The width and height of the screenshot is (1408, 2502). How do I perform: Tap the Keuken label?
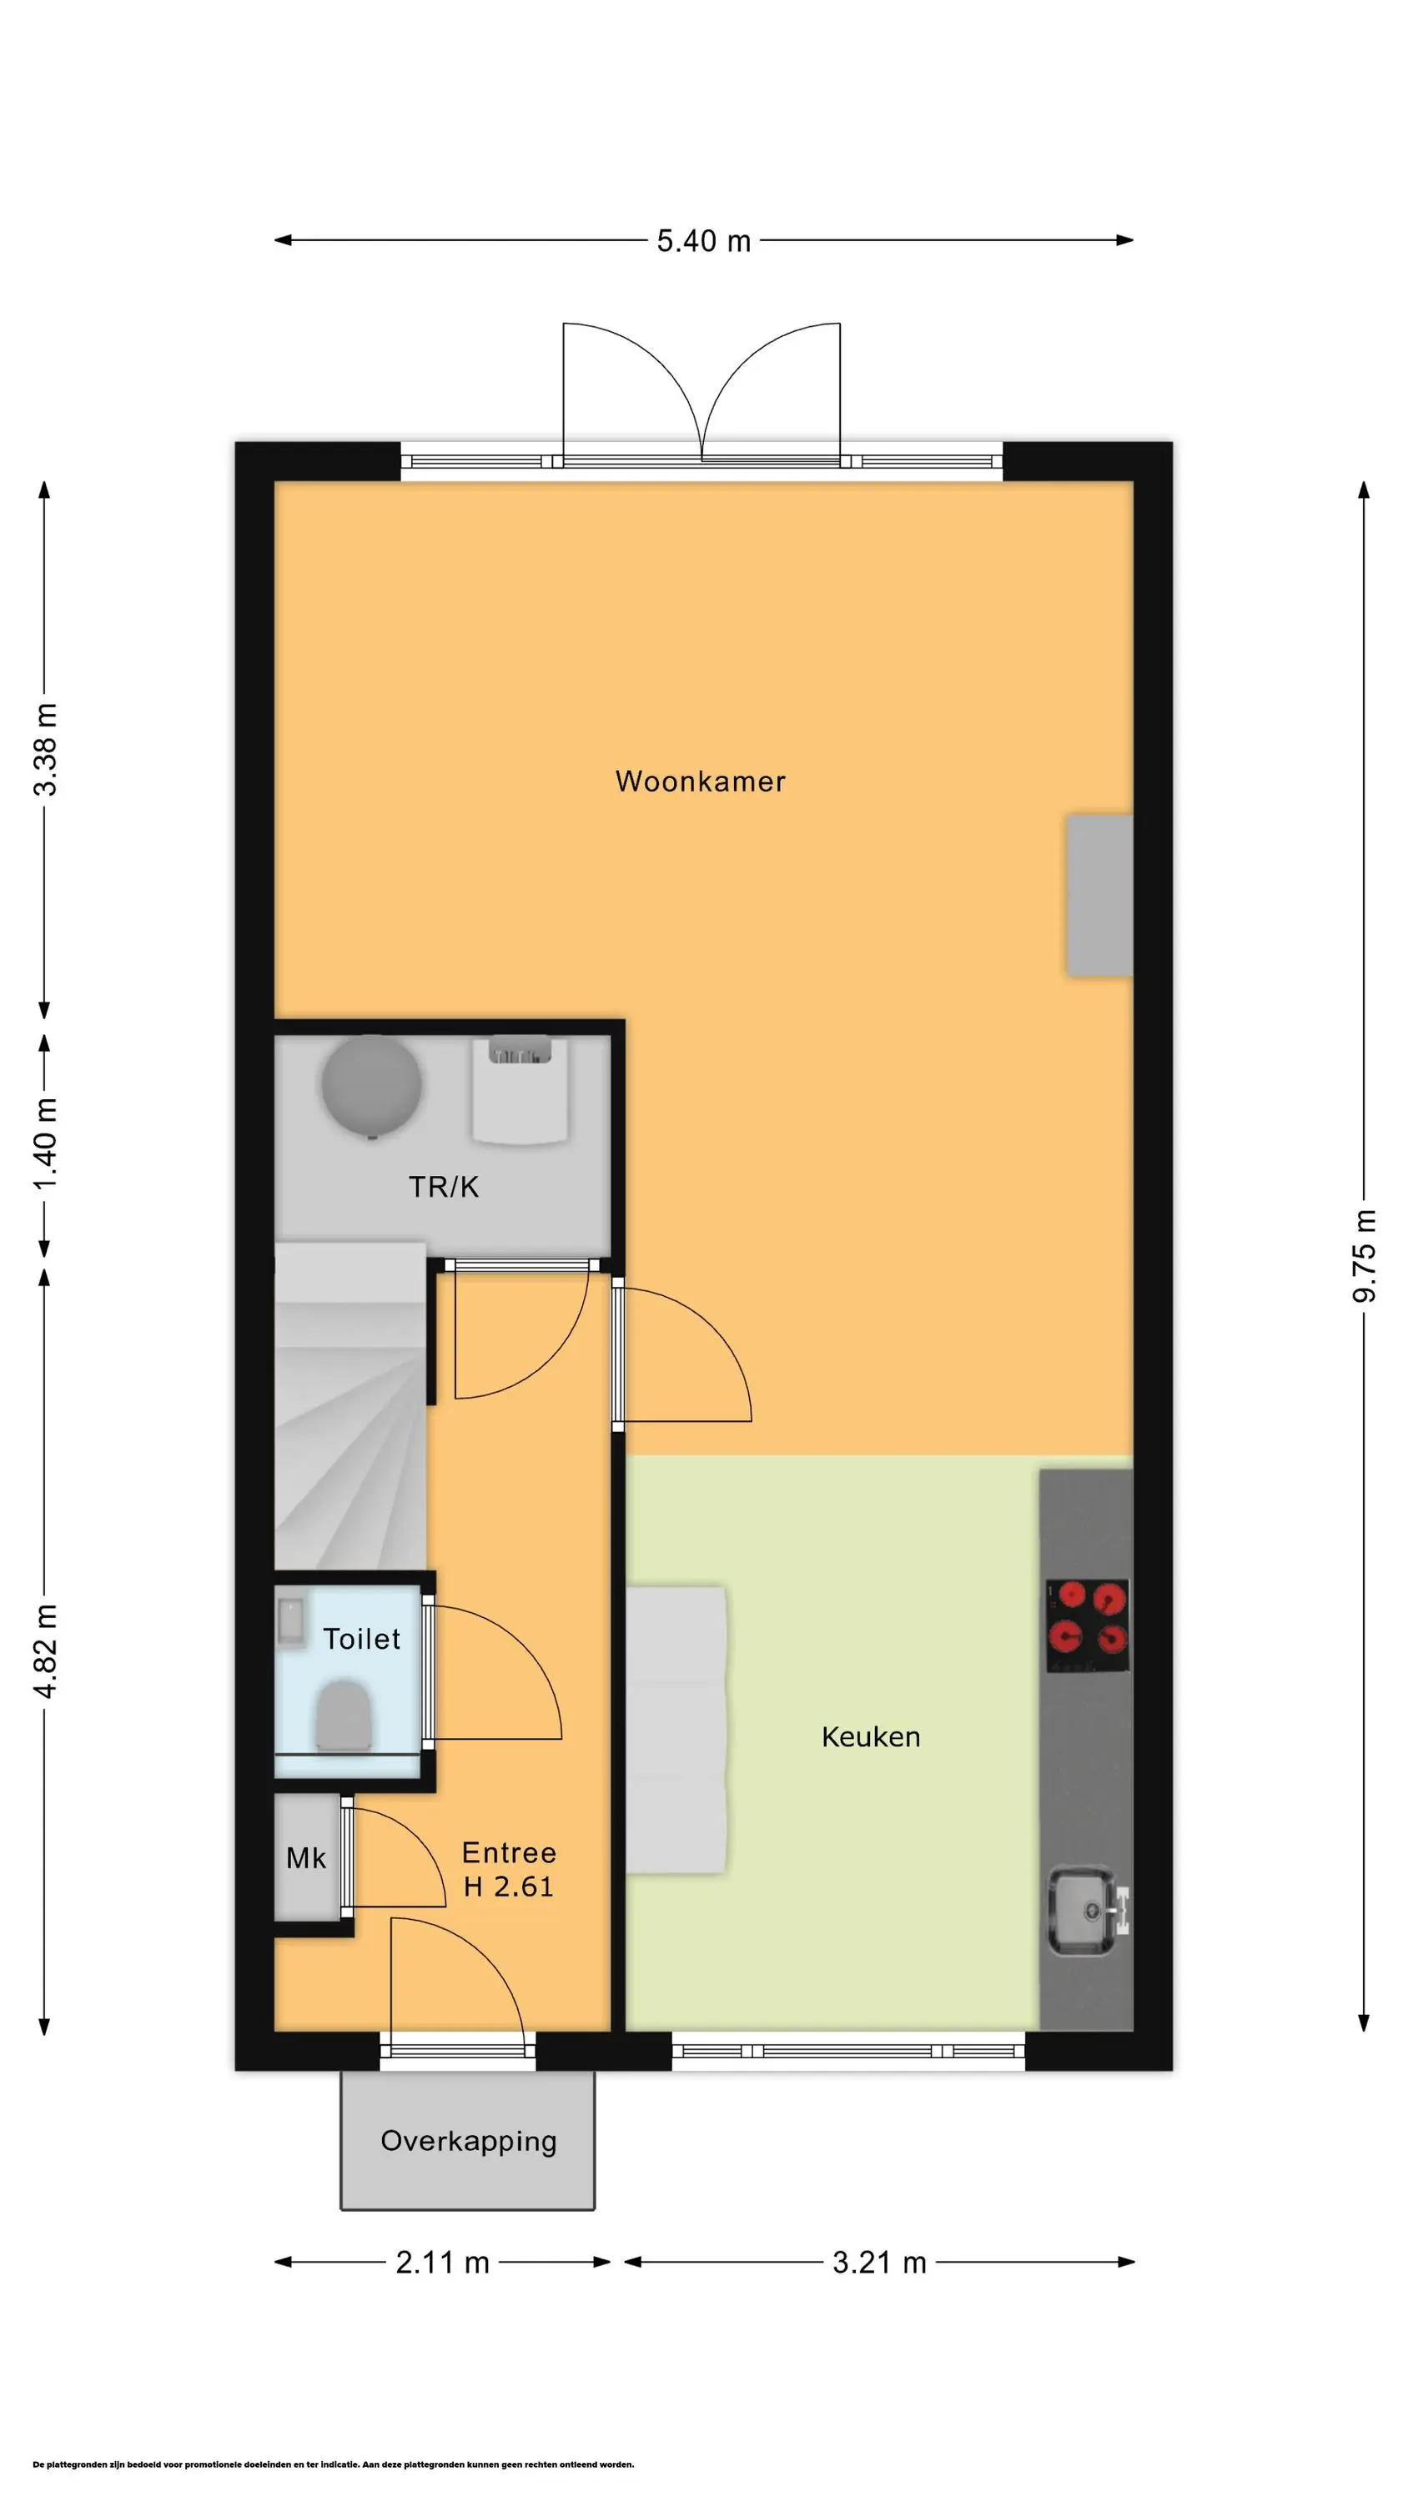tap(871, 1736)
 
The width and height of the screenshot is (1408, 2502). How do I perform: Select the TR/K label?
tap(443, 1186)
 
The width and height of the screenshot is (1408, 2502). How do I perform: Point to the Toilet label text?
tap(361, 1639)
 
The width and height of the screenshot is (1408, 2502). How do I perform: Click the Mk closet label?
tap(306, 1858)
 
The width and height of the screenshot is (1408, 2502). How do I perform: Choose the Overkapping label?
tap(469, 2142)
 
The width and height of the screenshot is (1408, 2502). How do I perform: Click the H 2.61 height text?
tap(508, 1887)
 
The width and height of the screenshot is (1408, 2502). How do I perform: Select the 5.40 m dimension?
tap(703, 241)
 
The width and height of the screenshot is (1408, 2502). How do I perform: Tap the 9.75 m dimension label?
tap(1365, 1255)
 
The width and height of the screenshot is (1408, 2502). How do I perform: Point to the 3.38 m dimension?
tap(46, 749)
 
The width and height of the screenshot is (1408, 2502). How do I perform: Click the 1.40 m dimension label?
tap(46, 1143)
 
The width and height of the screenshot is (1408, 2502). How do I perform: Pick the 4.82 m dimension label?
tap(46, 1650)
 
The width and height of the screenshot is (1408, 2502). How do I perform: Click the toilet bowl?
tap(343, 1717)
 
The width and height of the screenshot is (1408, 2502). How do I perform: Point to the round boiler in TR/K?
tap(371, 1086)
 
